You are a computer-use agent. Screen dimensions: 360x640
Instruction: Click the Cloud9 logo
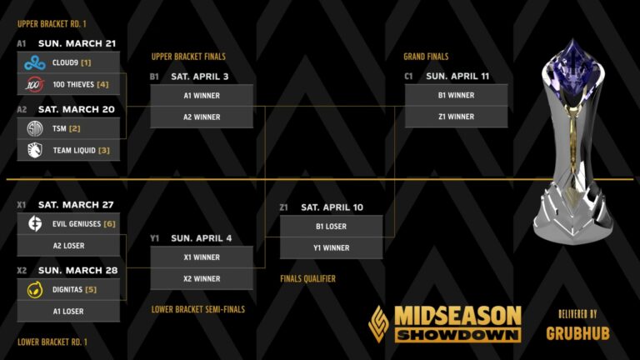pyautogui.click(x=34, y=62)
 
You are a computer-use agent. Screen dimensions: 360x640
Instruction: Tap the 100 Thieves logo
pyautogui.click(x=34, y=84)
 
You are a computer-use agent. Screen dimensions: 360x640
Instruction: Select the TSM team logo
pyautogui.click(x=34, y=128)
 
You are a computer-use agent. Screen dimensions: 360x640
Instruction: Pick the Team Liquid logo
pyautogui.click(x=34, y=150)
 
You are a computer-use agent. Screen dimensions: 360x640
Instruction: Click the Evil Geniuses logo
pyautogui.click(x=34, y=223)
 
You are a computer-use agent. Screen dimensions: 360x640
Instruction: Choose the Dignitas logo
pyautogui.click(x=34, y=289)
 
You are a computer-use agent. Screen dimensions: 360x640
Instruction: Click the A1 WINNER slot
pyautogui.click(x=202, y=96)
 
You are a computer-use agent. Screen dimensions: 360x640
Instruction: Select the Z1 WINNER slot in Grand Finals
pyautogui.click(x=456, y=117)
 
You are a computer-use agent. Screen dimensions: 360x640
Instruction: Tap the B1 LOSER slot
pyautogui.click(x=331, y=226)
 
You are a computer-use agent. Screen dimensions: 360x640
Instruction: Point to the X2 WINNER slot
pyautogui.click(x=202, y=279)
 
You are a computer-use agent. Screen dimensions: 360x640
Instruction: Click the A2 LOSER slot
pyautogui.click(x=68, y=246)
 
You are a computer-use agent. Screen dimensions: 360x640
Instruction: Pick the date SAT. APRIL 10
pyautogui.click(x=332, y=207)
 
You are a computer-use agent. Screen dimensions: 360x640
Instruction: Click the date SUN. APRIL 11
pyautogui.click(x=457, y=76)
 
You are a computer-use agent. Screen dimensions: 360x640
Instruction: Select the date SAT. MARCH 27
pyautogui.click(x=76, y=205)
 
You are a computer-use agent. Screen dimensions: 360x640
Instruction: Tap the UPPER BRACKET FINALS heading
pyautogui.click(x=188, y=57)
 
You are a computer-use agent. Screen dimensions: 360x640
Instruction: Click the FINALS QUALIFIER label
pyautogui.click(x=307, y=279)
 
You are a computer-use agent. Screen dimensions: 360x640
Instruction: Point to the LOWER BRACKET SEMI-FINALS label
pyautogui.click(x=198, y=309)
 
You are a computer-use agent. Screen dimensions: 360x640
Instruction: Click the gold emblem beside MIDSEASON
pyautogui.click(x=379, y=323)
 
